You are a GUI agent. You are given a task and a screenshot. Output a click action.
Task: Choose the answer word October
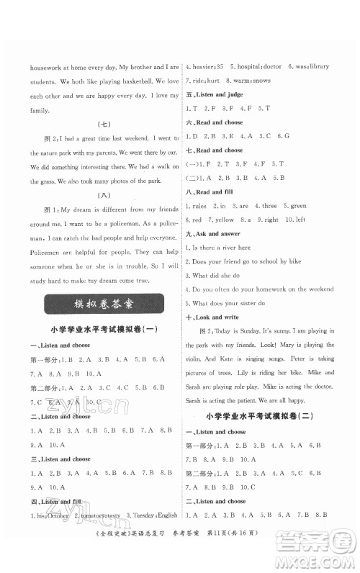[60, 536]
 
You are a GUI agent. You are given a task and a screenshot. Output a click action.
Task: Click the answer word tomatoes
[96, 536]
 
